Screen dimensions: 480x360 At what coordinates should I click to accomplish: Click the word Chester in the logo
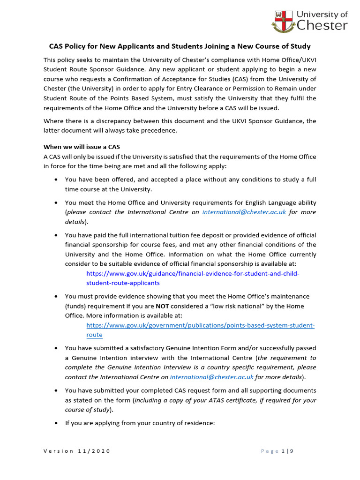(322, 25)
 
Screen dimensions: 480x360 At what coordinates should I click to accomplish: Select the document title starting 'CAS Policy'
(180, 46)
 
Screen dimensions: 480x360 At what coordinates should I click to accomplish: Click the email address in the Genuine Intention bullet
(211, 377)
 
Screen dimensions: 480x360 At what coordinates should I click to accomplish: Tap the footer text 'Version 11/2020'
(77, 451)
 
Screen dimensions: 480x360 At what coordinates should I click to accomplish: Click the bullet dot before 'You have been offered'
(57, 180)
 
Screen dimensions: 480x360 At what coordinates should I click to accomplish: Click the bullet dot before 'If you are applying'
(57, 423)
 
